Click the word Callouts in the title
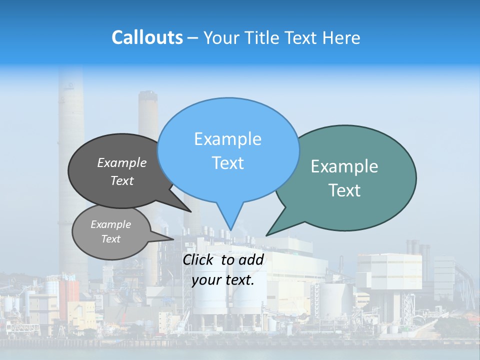click(x=147, y=37)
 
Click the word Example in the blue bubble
click(x=227, y=139)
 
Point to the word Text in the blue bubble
click(x=227, y=163)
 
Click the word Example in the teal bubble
click(x=344, y=166)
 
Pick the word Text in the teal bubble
click(x=344, y=190)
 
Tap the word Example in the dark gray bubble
click(x=122, y=162)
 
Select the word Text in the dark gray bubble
click(x=122, y=180)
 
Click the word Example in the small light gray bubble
click(x=110, y=224)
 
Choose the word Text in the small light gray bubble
click(x=110, y=239)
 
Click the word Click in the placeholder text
click(x=199, y=259)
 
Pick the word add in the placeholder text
click(x=251, y=259)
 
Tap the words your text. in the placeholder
click(x=222, y=280)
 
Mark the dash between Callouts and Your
click(x=193, y=38)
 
